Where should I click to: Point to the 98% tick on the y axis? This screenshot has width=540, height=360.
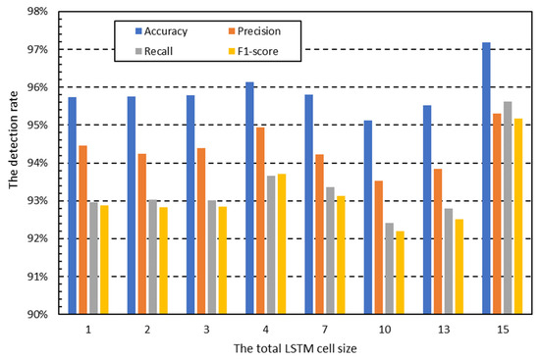pyautogui.click(x=39, y=12)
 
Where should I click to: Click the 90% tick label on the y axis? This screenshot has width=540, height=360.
pyautogui.click(x=39, y=314)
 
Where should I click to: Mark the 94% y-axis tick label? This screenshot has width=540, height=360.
pyautogui.click(x=39, y=163)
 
